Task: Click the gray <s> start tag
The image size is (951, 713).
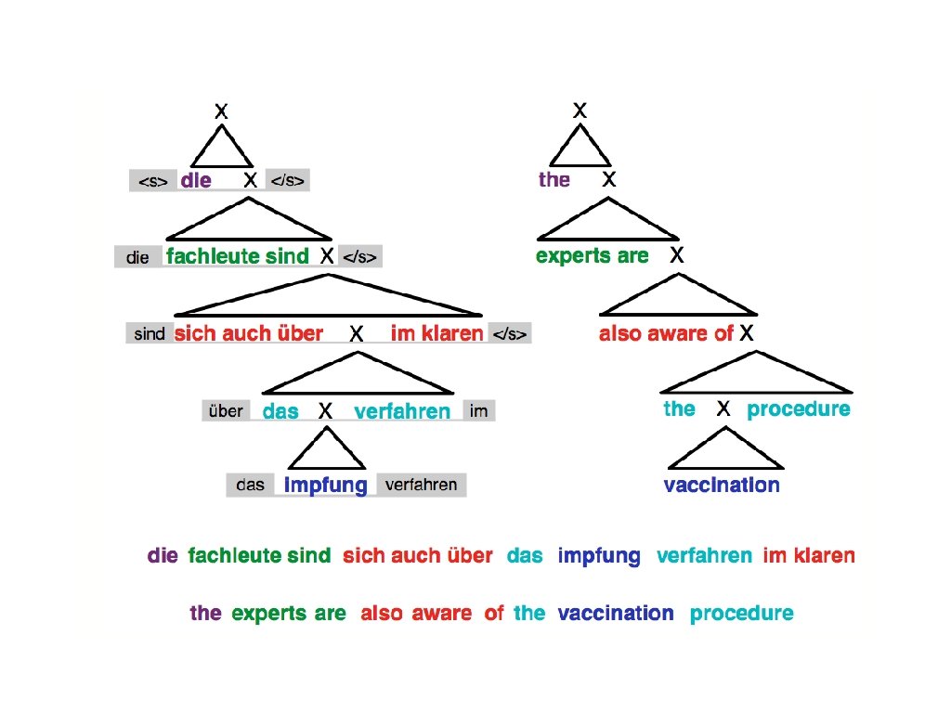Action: [x=152, y=181]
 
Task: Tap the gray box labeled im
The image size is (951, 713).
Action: [x=478, y=410]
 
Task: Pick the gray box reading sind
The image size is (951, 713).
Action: [x=149, y=333]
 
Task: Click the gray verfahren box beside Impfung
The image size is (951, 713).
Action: [x=420, y=485]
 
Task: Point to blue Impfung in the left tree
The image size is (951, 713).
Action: [x=325, y=485]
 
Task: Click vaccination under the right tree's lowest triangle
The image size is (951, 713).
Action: [x=722, y=485]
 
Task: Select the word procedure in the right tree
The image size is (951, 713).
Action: [x=799, y=409]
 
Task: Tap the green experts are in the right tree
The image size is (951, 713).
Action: [x=593, y=256]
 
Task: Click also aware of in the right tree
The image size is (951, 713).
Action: [x=666, y=333]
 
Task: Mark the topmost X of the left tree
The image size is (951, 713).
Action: [x=221, y=111]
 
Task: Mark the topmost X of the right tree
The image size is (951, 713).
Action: [x=580, y=110]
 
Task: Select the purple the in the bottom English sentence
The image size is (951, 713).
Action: [x=205, y=614]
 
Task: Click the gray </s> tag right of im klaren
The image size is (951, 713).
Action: [x=510, y=333]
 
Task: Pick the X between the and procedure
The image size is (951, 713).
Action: [x=724, y=408]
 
